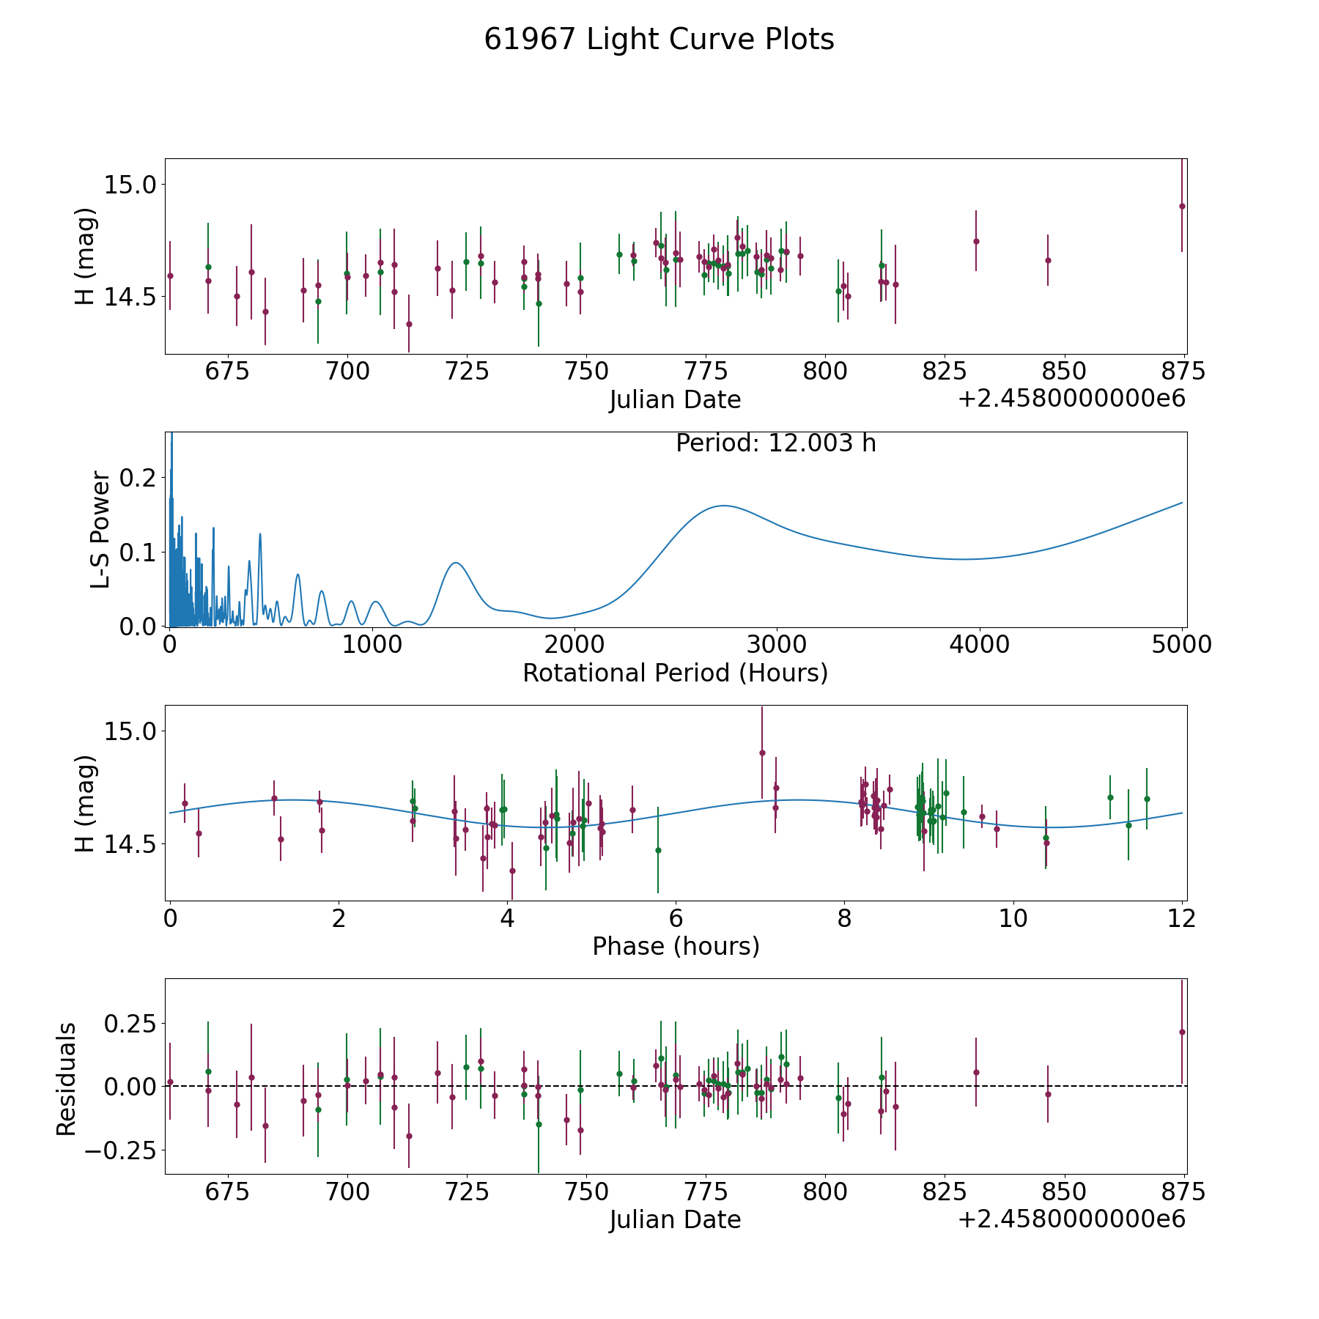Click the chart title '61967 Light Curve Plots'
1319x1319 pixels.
tap(659, 40)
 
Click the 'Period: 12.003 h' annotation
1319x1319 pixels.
tap(775, 443)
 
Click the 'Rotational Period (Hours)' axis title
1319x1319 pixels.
tap(675, 673)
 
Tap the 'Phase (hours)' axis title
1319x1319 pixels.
tap(675, 946)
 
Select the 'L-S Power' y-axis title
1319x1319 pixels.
tap(100, 529)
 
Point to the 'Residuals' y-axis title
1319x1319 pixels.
tap(67, 1079)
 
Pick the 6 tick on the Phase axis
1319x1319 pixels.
tap(676, 918)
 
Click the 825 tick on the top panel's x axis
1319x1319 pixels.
tap(945, 372)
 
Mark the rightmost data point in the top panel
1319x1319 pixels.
tap(1182, 206)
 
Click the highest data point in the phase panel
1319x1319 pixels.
tap(762, 753)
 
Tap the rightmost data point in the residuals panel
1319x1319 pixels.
tap(1182, 1032)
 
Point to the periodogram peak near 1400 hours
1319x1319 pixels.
tap(456, 563)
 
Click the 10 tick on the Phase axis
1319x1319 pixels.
tap(1013, 918)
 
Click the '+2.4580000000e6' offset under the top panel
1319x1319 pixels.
tap(1071, 399)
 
